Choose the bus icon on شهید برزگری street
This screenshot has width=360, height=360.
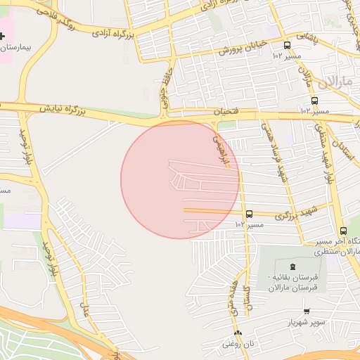tap(249, 214)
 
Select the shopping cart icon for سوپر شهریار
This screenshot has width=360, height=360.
tap(306, 311)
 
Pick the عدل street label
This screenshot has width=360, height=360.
tap(87, 307)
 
